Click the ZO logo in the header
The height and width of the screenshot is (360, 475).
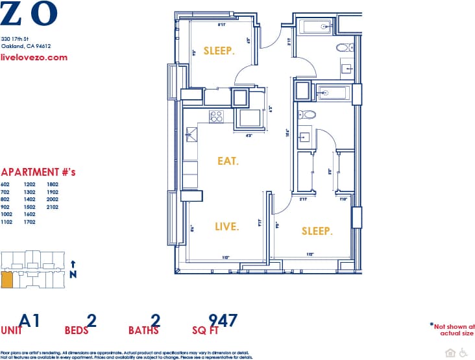29,14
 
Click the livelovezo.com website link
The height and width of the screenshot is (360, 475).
34,57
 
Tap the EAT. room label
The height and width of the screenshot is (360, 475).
228,161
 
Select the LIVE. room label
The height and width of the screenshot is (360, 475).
227,226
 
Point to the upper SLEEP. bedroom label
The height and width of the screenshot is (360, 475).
219,51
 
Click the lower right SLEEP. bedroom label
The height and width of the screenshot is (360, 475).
317,232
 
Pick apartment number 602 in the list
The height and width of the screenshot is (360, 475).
6,184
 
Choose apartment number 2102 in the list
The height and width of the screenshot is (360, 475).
52,207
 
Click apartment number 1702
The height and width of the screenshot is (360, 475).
29,222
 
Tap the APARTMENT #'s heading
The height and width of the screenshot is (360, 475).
39,173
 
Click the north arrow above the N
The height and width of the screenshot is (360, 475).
73,264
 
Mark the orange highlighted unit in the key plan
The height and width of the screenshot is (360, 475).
6,280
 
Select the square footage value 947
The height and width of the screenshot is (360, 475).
223,320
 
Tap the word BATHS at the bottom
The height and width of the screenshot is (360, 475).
143,331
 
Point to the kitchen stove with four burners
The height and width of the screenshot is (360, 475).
216,117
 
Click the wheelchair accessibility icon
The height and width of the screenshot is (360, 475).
463,353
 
